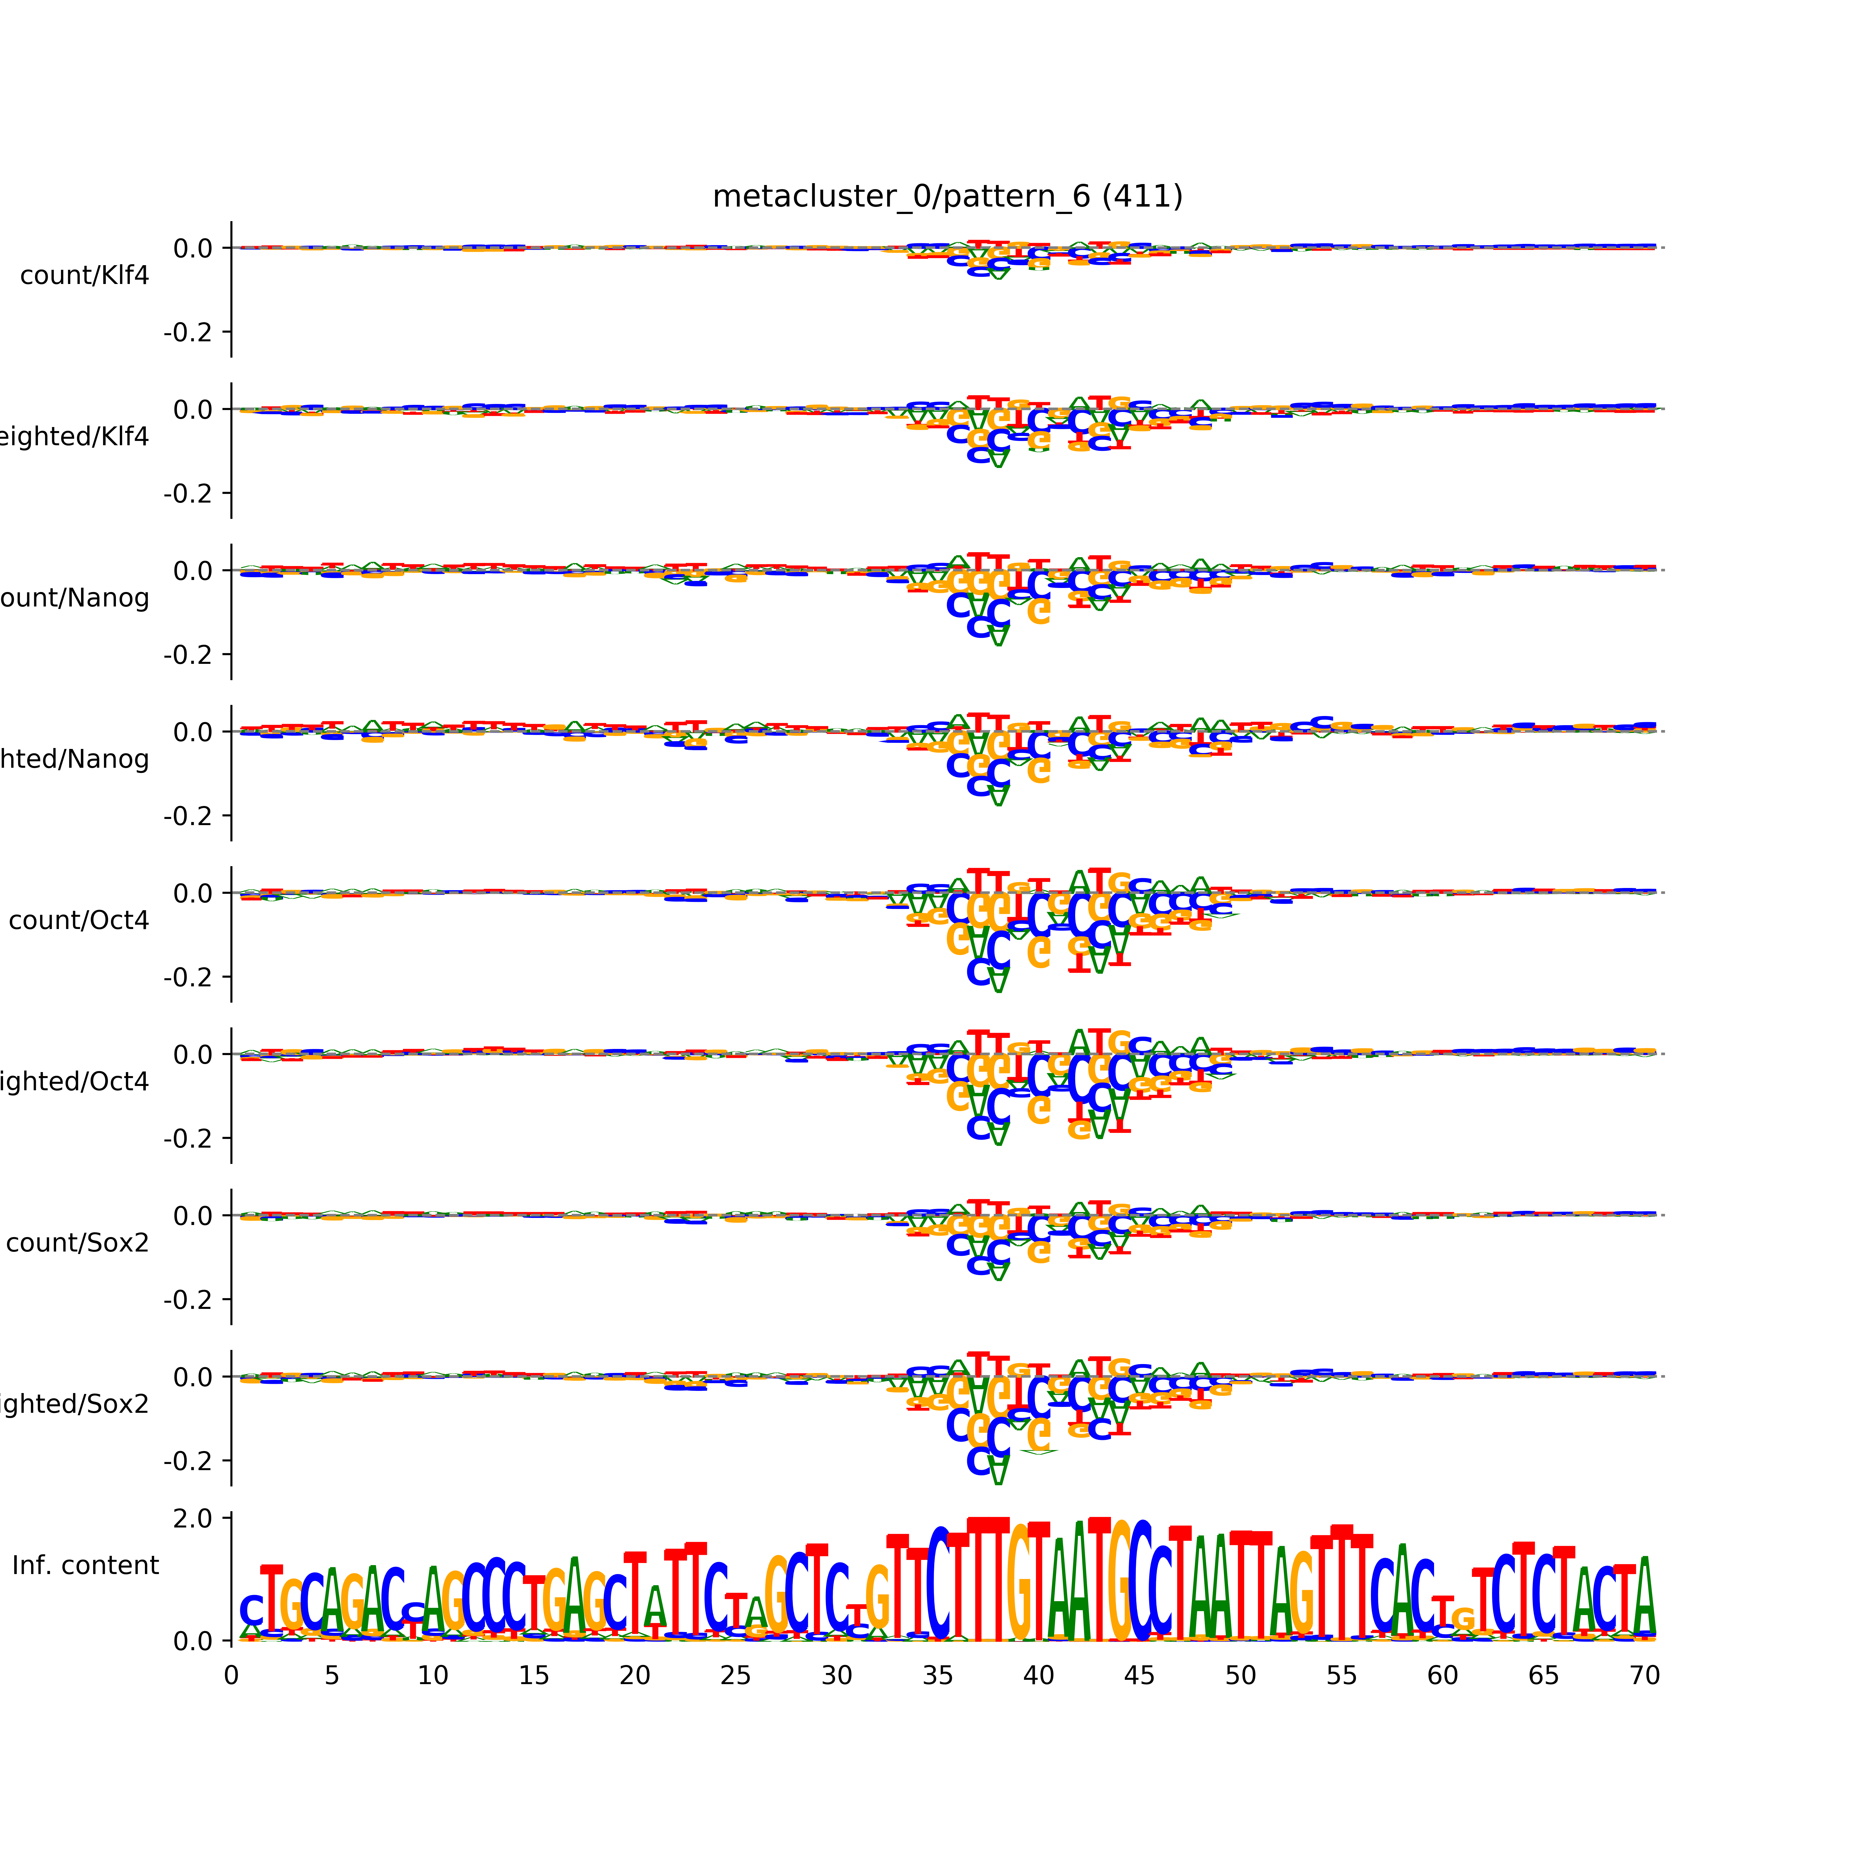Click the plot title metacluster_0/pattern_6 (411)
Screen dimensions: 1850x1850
point(947,196)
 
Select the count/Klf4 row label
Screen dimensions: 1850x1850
point(84,276)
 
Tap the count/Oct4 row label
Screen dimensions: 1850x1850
point(79,921)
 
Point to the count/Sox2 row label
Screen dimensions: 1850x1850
point(78,1243)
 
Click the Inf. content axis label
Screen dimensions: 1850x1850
point(85,1566)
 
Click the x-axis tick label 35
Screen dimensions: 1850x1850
point(937,1676)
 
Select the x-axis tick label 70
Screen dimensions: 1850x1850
point(1644,1676)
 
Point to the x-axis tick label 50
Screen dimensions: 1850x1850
point(1240,1676)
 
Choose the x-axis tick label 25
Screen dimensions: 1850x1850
point(735,1676)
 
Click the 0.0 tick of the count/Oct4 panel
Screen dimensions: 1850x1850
point(193,894)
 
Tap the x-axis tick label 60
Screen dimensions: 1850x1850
point(1442,1676)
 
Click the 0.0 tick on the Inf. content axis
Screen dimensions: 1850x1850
point(193,1641)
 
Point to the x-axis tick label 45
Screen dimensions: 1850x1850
point(1140,1676)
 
